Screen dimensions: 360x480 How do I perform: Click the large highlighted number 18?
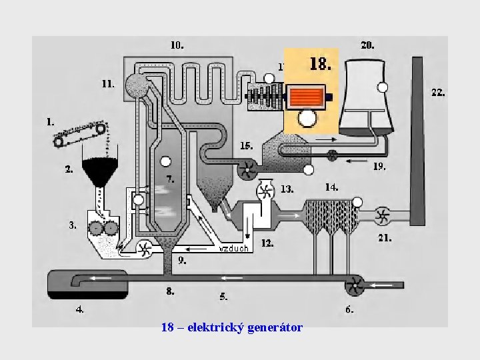pos(320,64)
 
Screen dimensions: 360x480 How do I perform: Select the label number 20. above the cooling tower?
pos(367,45)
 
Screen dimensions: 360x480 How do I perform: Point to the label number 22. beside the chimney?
pos(438,93)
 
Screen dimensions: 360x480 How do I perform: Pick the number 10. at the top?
pos(177,45)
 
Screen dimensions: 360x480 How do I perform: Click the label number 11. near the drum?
pos(107,84)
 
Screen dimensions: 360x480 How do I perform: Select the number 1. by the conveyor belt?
pos(49,122)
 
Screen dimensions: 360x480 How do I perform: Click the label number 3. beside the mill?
pos(72,225)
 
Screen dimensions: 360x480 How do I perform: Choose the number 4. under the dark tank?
pos(79,309)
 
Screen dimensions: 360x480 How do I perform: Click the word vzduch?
pos(233,248)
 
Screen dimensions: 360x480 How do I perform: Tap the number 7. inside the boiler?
pos(171,179)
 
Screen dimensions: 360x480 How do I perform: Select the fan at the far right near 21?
pos(382,215)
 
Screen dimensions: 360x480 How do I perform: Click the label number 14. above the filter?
pos(331,187)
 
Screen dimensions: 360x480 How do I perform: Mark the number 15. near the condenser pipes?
pos(246,145)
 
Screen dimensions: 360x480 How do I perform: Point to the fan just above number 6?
pos(354,287)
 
